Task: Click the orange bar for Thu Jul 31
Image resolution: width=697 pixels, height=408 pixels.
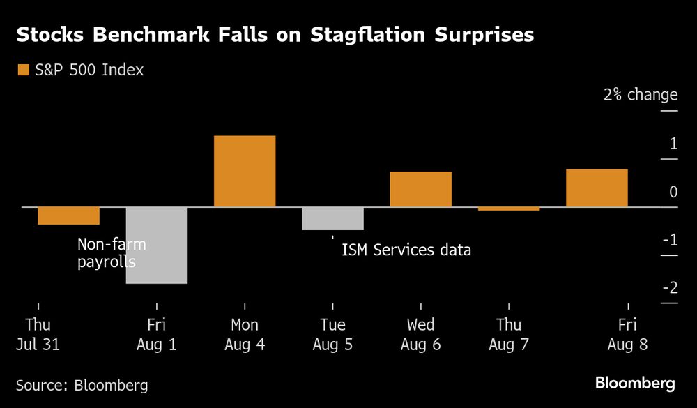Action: (68, 216)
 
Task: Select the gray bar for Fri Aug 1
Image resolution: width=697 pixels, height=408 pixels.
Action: (157, 245)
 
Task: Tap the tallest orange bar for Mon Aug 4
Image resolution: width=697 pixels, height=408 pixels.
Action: (245, 171)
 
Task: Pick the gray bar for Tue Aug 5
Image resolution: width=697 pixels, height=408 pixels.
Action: (332, 218)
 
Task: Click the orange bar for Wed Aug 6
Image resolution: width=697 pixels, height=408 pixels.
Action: (421, 189)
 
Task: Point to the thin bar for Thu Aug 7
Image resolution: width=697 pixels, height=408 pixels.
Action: (509, 209)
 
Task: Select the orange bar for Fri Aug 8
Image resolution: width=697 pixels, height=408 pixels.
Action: (597, 188)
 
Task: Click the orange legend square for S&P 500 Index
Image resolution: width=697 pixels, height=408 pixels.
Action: (23, 70)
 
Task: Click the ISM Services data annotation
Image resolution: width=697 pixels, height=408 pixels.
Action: (406, 250)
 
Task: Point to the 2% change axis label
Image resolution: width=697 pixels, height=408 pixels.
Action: (640, 95)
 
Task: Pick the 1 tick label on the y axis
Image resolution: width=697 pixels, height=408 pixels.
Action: (673, 144)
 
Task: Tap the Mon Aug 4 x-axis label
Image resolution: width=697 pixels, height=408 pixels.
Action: (245, 334)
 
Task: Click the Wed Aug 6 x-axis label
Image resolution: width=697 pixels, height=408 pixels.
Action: (421, 334)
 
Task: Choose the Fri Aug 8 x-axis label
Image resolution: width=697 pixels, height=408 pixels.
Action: (627, 334)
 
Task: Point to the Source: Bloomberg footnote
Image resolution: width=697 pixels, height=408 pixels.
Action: (82, 385)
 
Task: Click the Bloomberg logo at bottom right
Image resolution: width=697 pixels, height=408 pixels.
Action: (634, 383)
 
